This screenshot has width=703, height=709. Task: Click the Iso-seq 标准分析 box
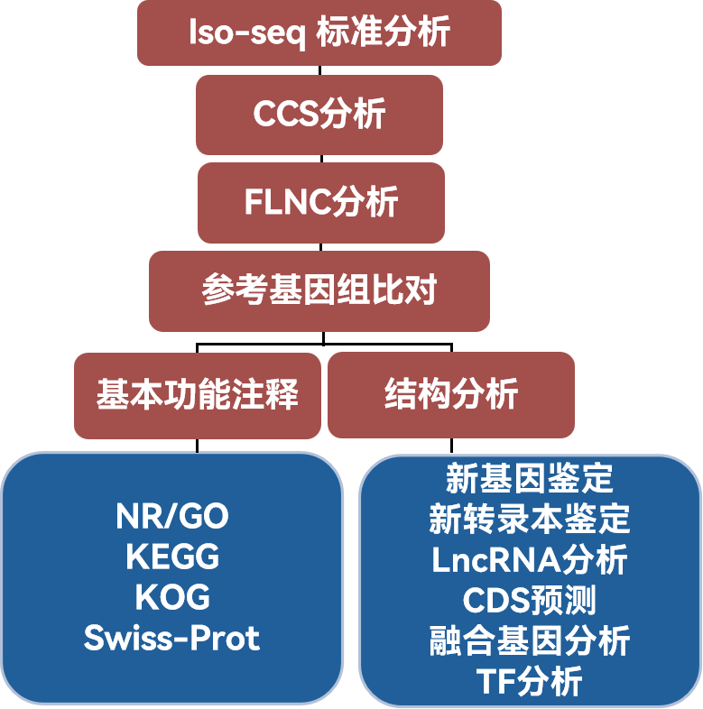319,33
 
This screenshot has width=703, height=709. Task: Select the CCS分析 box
319,115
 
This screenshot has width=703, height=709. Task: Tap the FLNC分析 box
320,202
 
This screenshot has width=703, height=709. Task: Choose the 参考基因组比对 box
319,290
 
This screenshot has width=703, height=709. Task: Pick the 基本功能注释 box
197,394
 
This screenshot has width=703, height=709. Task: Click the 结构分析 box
450,394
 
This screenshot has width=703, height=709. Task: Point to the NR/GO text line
171,516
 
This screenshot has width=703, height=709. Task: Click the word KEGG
171,557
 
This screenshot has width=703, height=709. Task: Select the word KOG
171,597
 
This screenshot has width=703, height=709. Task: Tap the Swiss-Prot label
171,638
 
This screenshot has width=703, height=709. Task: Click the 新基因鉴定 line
529,477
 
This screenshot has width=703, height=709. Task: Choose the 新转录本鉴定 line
529,519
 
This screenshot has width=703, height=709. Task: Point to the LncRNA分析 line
529,559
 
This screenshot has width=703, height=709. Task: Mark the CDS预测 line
529,600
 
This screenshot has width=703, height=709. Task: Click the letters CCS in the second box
285,115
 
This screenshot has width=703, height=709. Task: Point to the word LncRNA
495,559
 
